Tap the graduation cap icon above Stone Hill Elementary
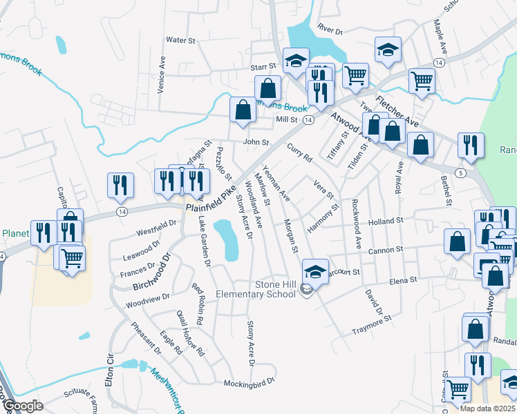click(315, 270)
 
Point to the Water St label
click(181, 41)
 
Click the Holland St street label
click(385, 221)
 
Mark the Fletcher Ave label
click(397, 110)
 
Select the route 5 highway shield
click(460, 172)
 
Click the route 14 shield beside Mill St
click(309, 120)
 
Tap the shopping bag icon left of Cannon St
click(457, 242)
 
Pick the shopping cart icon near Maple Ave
click(421, 80)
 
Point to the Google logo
click(22, 406)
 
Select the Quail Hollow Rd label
click(191, 333)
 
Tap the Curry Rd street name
click(299, 152)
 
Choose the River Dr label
click(330, 30)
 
